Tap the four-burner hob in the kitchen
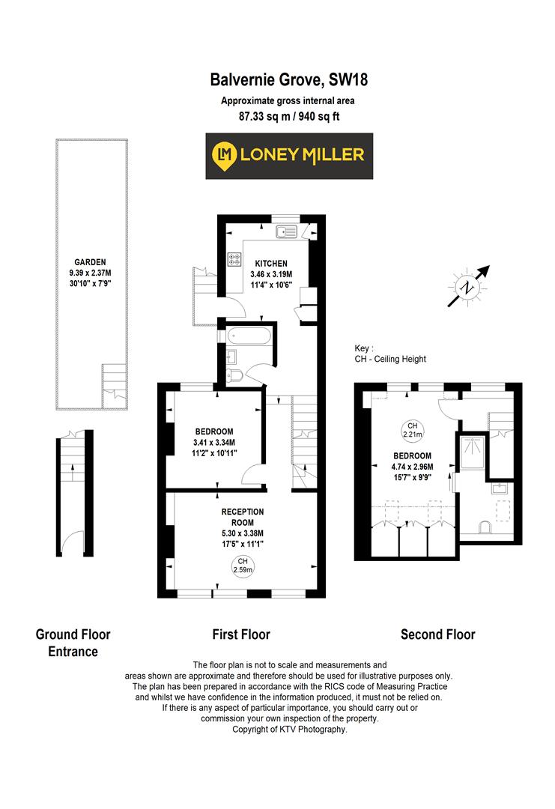[x=234, y=260]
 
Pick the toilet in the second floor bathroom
[x=485, y=530]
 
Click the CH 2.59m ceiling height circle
[x=243, y=566]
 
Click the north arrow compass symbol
[x=469, y=286]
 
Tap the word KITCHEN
[x=270, y=264]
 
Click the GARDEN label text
[x=90, y=263]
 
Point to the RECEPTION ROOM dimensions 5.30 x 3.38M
[x=242, y=533]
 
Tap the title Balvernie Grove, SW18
[x=288, y=79]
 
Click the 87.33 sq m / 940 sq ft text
[x=288, y=116]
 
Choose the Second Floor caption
[x=437, y=634]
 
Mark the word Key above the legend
[x=364, y=348]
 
